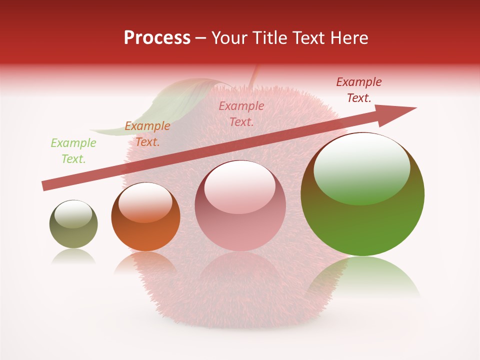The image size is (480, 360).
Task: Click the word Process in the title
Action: [x=157, y=38]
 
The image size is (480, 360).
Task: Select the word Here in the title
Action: [x=350, y=38]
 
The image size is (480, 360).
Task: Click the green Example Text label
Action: [x=73, y=151]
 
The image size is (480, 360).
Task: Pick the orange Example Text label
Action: [x=147, y=134]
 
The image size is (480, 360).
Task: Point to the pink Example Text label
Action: [x=241, y=113]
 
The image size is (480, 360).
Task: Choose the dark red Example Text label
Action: [x=359, y=90]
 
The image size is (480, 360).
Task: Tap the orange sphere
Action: [x=145, y=220]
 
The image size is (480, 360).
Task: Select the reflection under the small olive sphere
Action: [x=73, y=256]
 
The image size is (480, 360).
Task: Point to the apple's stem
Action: [x=254, y=75]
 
